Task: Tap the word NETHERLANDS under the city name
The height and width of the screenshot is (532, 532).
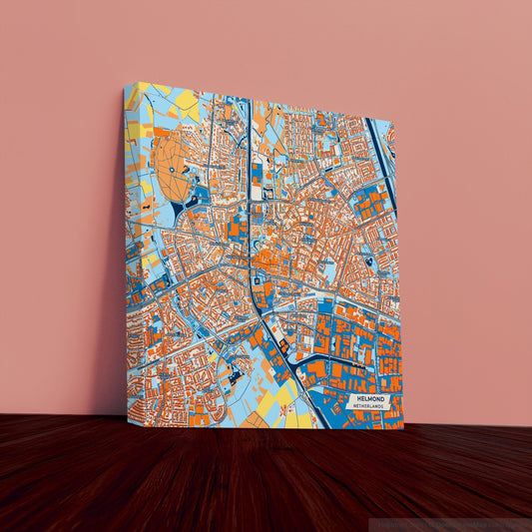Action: [371, 407]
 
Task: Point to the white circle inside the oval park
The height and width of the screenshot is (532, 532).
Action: [173, 171]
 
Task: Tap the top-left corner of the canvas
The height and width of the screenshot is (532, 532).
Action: [128, 85]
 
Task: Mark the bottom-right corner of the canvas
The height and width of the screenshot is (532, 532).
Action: [403, 428]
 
